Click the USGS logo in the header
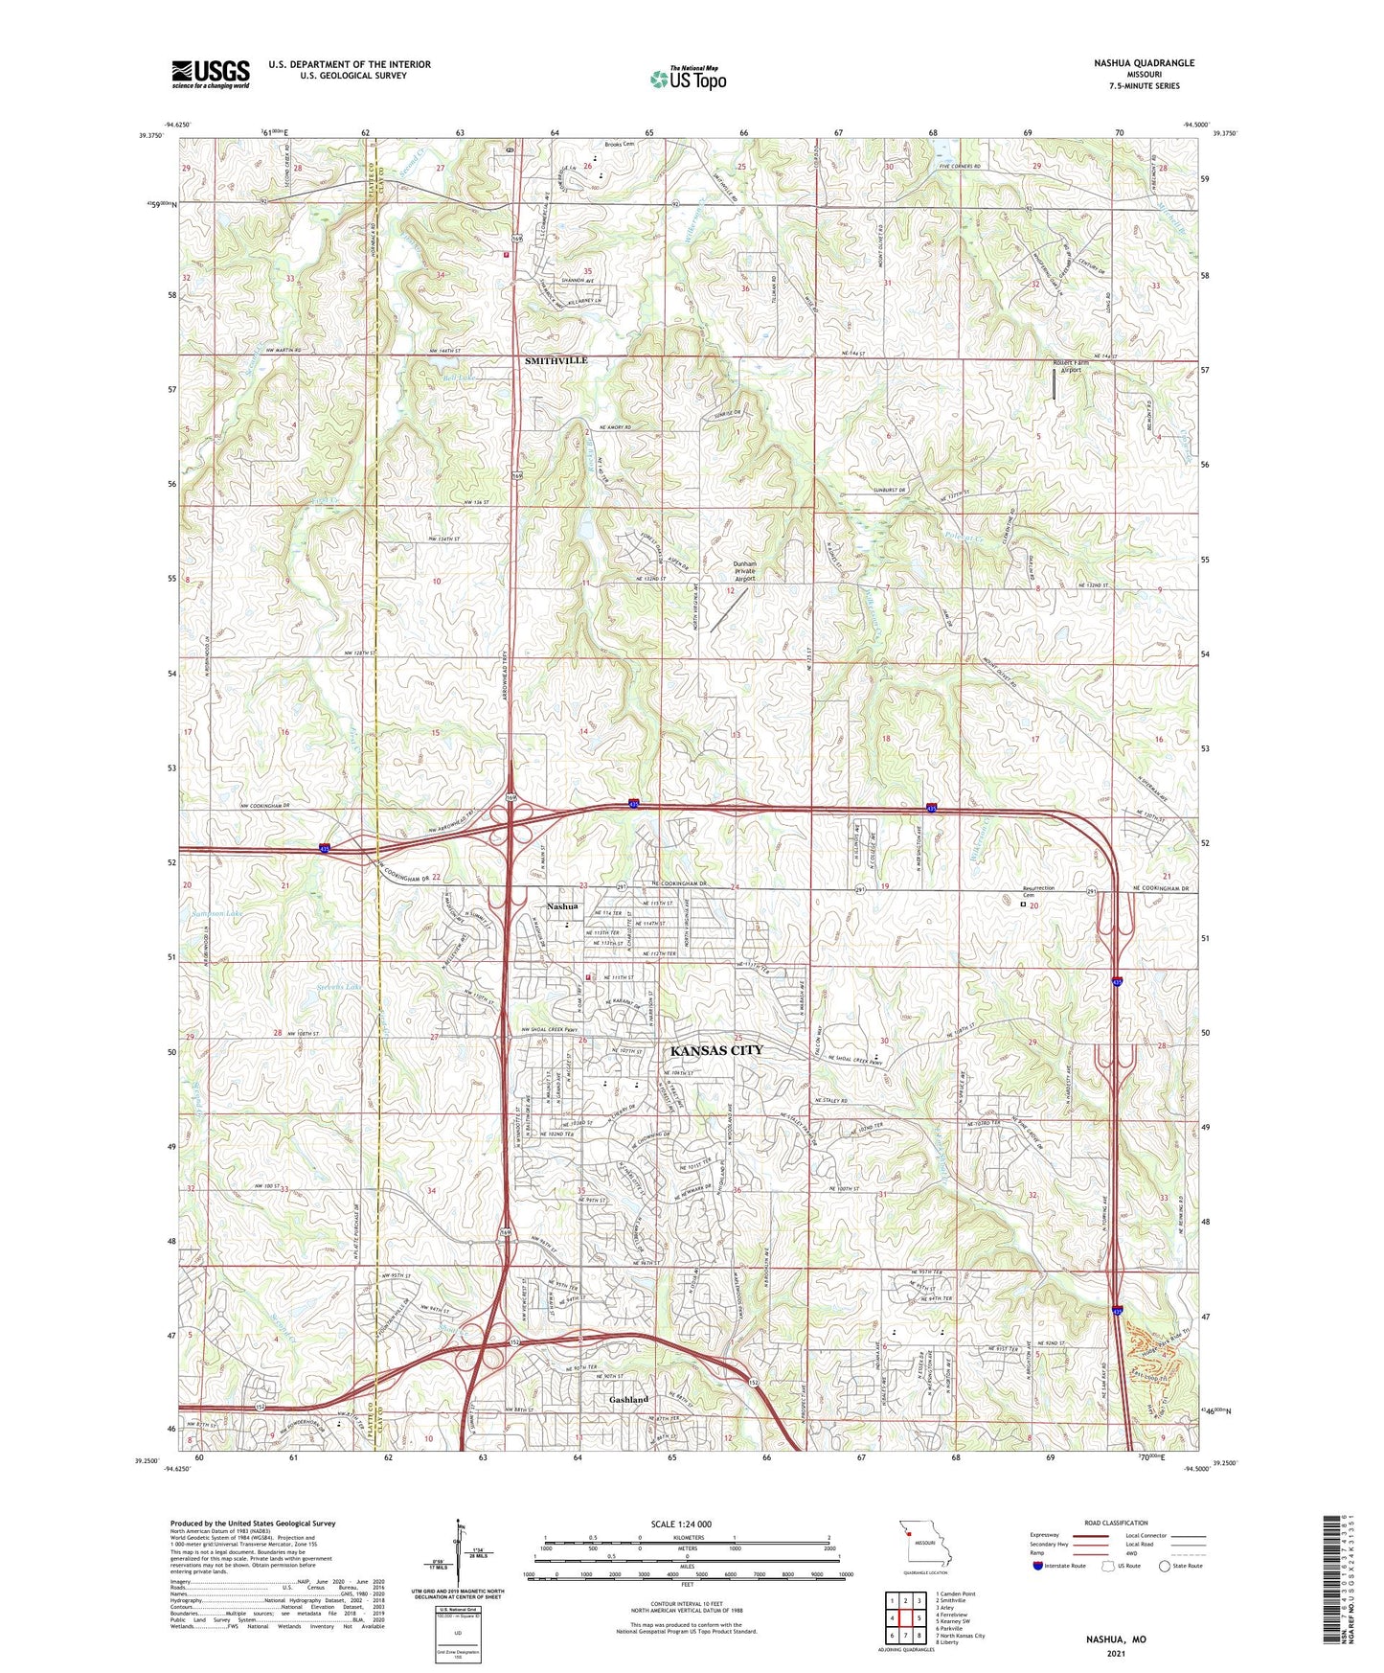coord(211,74)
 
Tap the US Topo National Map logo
coord(688,79)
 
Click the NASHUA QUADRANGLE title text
coord(1144,63)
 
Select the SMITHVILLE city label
coord(556,360)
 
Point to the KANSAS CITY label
coord(716,1050)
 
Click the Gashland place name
coord(628,1400)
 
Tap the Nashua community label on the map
coord(562,906)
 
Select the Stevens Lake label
coord(339,986)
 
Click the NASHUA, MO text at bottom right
coord(1115,1639)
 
